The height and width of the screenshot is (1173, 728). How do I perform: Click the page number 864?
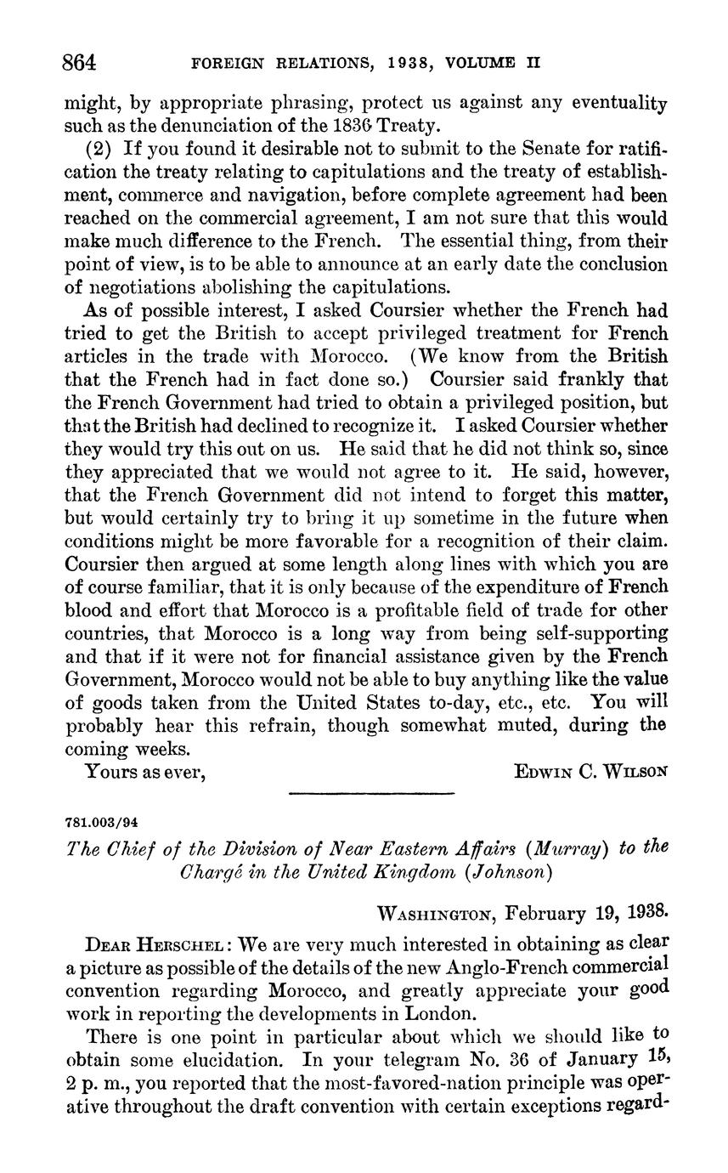click(x=81, y=63)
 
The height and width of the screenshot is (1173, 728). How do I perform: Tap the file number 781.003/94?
click(x=101, y=821)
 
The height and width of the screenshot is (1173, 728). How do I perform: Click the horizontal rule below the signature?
click(x=371, y=794)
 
